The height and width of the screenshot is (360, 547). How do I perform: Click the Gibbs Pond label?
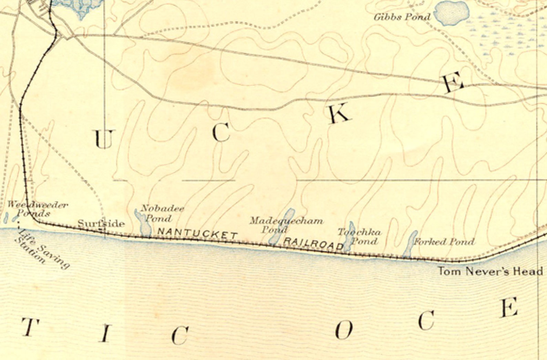[402, 17]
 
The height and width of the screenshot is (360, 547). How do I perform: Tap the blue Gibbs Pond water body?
[452, 13]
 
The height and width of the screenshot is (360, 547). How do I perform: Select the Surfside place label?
[101, 224]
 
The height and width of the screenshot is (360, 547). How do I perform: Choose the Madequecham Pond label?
[286, 224]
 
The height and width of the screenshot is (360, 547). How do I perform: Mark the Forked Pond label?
[444, 241]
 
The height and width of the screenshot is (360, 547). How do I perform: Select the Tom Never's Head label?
[490, 271]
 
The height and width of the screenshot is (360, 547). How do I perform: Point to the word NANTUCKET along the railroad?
[197, 233]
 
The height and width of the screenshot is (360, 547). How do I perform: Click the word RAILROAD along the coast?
[313, 243]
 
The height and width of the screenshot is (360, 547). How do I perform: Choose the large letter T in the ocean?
[30, 327]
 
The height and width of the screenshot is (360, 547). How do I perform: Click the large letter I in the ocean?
[105, 333]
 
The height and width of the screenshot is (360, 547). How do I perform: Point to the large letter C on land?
[221, 133]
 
